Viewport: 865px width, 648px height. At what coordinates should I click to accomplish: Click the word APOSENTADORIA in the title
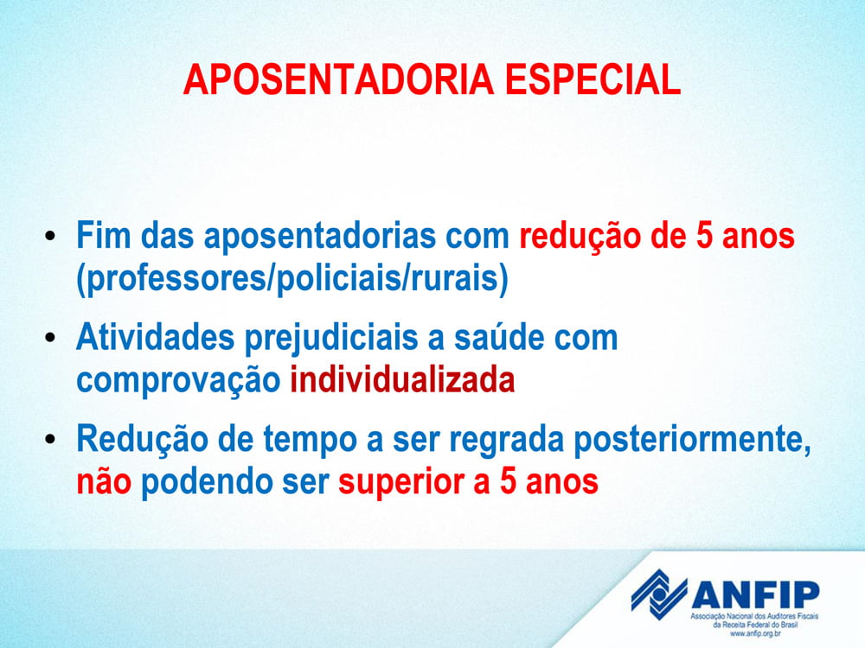click(x=338, y=79)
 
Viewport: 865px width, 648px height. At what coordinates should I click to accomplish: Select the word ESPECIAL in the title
click(x=593, y=79)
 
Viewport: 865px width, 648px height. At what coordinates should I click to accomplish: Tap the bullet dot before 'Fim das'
click(x=51, y=236)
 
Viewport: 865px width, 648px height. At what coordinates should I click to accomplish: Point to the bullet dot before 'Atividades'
click(x=51, y=337)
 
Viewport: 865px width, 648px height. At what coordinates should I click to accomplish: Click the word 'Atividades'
click(x=156, y=337)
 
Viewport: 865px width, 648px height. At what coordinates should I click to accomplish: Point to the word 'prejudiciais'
click(x=331, y=340)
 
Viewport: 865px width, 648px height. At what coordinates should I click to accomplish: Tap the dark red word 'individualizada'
click(x=402, y=379)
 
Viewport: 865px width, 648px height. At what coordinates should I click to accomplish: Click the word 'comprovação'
click(x=178, y=382)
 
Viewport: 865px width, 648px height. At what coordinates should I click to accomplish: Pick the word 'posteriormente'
click(x=692, y=442)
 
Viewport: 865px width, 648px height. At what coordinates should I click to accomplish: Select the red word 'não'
click(x=104, y=481)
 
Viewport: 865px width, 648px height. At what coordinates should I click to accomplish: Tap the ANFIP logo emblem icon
click(x=658, y=594)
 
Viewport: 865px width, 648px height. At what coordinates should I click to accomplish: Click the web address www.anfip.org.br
click(x=755, y=633)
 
